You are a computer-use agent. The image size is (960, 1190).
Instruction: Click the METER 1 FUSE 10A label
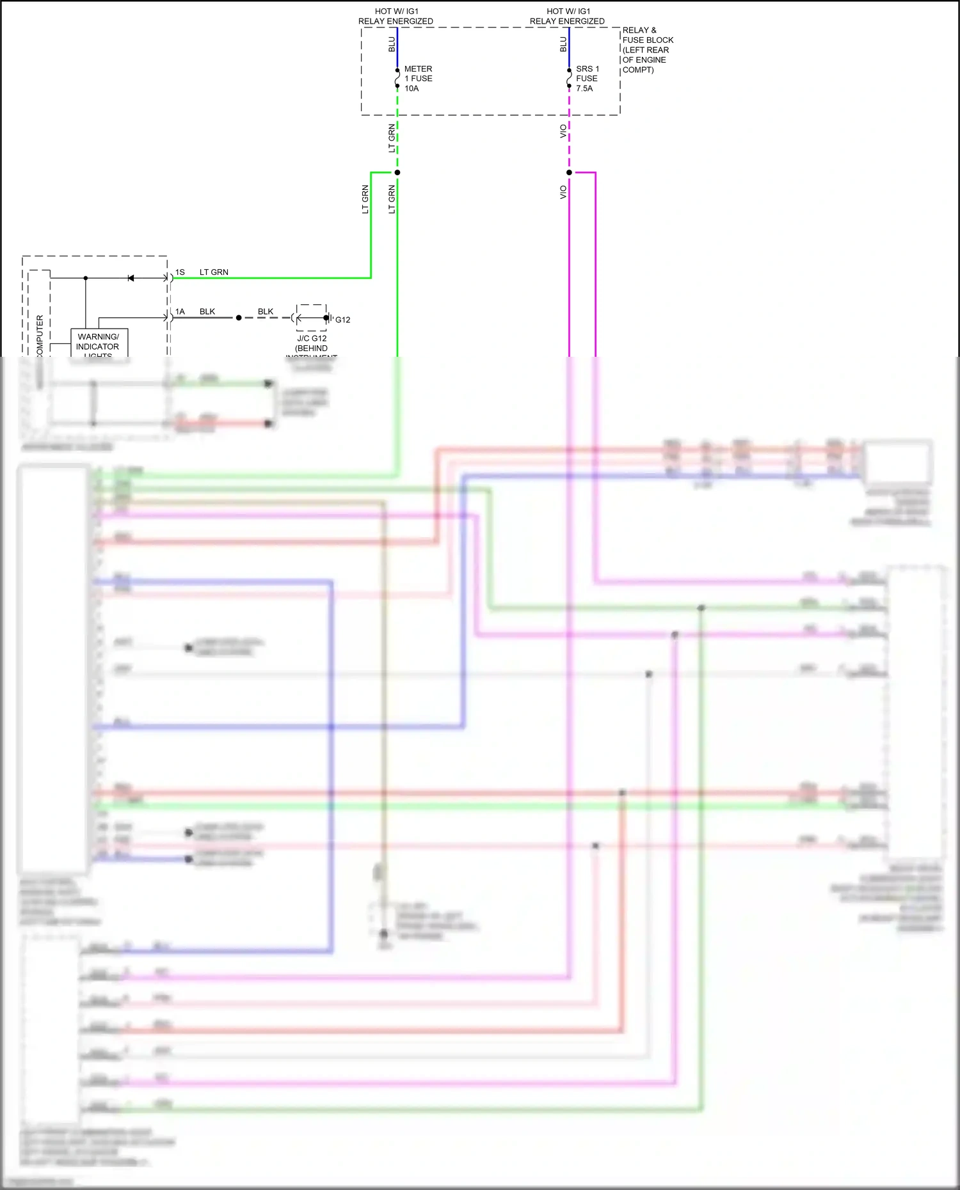click(x=418, y=79)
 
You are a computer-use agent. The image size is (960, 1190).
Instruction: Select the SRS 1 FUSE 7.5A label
click(x=587, y=79)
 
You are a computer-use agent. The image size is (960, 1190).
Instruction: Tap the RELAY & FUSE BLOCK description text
click(x=647, y=50)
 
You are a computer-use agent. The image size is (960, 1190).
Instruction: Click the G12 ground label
click(x=342, y=320)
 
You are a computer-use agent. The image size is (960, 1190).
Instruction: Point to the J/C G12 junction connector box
click(x=312, y=317)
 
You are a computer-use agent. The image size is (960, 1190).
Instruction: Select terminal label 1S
click(x=180, y=272)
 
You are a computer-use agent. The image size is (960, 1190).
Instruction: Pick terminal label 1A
click(x=180, y=312)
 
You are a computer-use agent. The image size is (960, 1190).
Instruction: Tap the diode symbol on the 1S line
click(x=131, y=278)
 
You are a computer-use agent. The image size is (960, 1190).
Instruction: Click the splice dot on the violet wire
click(x=569, y=173)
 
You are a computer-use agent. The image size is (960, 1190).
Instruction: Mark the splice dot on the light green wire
click(x=397, y=173)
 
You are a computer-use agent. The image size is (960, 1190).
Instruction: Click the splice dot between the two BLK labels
click(x=239, y=318)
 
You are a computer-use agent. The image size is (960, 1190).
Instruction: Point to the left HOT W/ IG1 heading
click(x=396, y=16)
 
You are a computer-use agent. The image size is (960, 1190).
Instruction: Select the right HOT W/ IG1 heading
click(x=567, y=16)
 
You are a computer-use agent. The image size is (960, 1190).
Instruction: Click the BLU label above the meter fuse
click(x=392, y=44)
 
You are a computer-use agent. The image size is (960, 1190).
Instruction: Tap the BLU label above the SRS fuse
click(x=563, y=44)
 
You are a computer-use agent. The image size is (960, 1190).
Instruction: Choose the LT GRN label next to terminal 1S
click(x=214, y=272)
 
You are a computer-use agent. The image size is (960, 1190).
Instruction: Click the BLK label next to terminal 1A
click(x=207, y=312)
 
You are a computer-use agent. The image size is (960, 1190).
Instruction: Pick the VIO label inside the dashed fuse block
click(x=563, y=131)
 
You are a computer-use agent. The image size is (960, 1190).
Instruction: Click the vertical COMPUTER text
click(x=40, y=336)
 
